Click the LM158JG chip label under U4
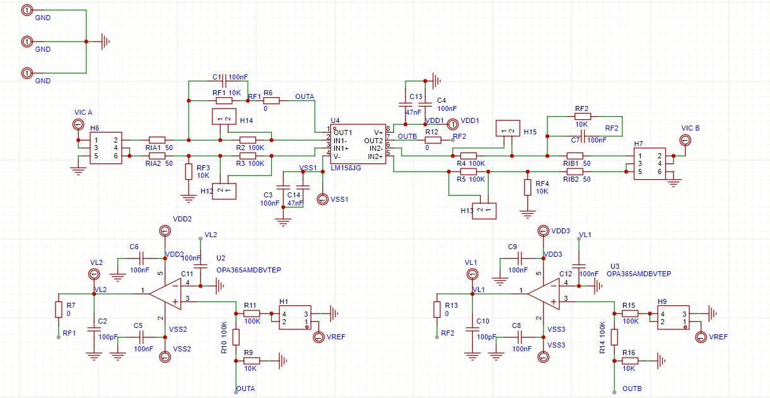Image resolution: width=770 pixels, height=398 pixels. point(346,169)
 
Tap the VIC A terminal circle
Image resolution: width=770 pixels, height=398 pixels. point(78,124)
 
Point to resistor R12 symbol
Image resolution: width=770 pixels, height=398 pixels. point(433,140)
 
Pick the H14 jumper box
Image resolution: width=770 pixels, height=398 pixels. point(223,117)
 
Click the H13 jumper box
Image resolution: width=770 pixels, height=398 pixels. point(484,210)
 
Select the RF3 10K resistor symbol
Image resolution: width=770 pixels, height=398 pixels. point(188,172)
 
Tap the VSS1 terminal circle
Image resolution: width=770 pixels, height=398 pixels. point(322,199)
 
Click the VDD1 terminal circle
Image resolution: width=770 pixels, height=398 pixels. point(452,124)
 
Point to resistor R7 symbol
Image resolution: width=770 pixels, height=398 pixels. point(58,309)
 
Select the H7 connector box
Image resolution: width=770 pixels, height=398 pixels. point(650,163)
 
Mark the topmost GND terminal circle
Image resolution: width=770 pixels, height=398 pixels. point(26,10)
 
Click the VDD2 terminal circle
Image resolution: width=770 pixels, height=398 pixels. point(165,231)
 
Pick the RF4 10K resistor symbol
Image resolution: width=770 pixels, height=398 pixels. point(528,187)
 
